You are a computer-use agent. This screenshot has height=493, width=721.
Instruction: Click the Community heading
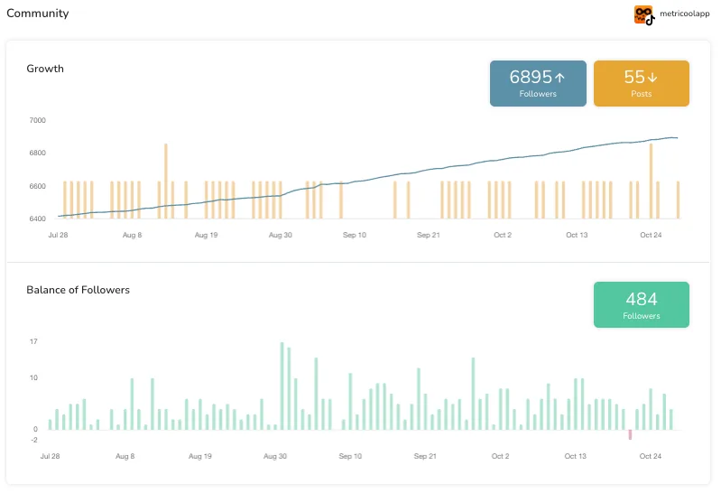click(x=37, y=14)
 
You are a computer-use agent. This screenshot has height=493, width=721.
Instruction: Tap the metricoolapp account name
click(x=684, y=14)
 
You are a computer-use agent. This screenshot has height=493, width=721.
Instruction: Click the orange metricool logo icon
click(x=642, y=14)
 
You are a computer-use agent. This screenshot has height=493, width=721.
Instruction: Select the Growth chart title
click(x=45, y=69)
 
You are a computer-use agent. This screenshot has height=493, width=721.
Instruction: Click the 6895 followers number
click(x=531, y=78)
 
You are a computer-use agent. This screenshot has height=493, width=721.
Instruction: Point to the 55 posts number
click(x=634, y=78)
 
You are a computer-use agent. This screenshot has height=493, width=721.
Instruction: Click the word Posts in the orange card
click(x=641, y=94)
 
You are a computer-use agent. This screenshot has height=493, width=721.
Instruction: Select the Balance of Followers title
click(x=78, y=290)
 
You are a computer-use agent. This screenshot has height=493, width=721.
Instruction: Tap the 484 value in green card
click(x=641, y=299)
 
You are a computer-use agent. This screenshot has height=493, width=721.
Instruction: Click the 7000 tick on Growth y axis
click(x=38, y=120)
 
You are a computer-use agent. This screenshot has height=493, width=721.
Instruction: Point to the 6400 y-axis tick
click(x=38, y=219)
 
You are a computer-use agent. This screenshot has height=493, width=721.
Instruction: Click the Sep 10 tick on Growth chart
click(x=355, y=235)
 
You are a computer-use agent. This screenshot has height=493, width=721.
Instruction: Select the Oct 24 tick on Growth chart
click(x=652, y=235)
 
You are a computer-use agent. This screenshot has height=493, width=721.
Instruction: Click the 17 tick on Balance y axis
click(x=33, y=342)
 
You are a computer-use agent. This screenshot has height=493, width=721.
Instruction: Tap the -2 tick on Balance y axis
click(x=33, y=440)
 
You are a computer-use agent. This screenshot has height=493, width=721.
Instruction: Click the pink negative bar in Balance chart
click(x=630, y=435)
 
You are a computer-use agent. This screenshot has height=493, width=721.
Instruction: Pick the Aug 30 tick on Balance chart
click(x=275, y=457)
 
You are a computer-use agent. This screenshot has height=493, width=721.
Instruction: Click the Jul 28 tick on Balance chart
click(x=50, y=457)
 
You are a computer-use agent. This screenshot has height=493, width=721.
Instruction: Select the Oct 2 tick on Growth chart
click(x=503, y=235)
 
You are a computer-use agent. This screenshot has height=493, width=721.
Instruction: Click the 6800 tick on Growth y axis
click(x=38, y=153)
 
